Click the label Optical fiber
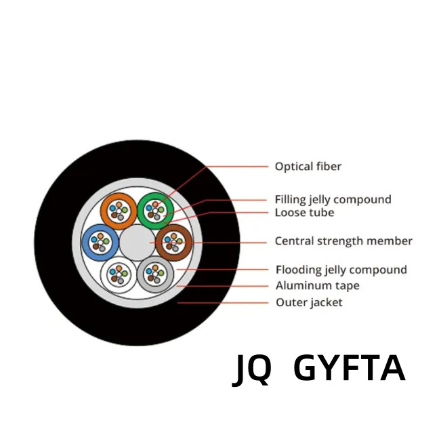(308, 167)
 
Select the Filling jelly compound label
(333, 200)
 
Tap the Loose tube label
(304, 213)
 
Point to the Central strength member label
(343, 241)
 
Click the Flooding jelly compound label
(341, 270)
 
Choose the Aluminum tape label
(318, 286)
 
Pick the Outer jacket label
(309, 303)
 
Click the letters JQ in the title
(252, 370)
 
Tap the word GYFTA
(350, 368)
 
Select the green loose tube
(141, 211)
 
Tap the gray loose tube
(141, 274)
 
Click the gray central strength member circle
(137, 243)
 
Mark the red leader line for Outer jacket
(223, 303)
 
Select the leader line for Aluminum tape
(222, 286)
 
